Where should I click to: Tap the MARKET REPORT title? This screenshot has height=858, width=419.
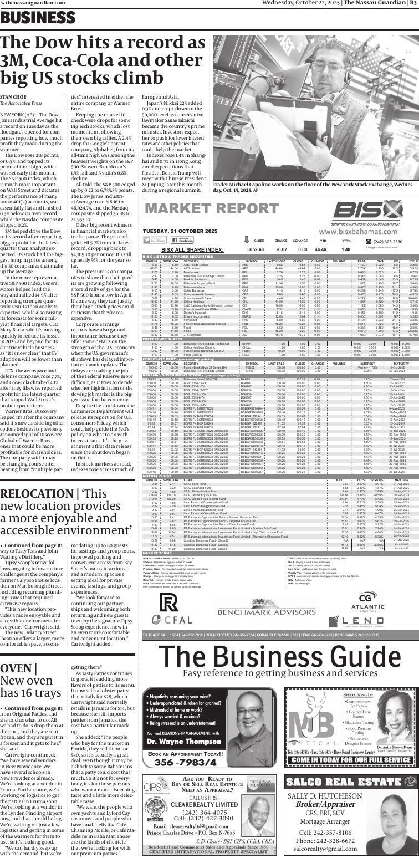coord(205,209)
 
